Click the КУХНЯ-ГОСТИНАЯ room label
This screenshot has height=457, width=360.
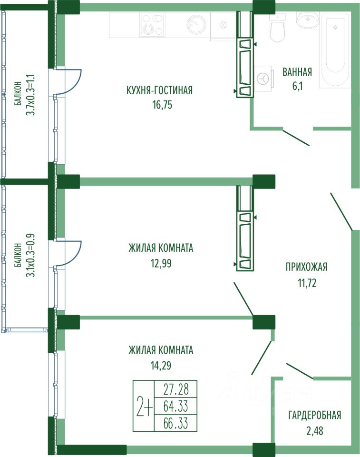[x=159, y=90]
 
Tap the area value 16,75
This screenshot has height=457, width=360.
[x=159, y=105]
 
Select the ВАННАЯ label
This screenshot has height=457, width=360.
[x=297, y=72]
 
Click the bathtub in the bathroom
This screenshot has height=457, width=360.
[x=335, y=50]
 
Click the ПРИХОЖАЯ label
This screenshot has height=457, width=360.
[x=306, y=267]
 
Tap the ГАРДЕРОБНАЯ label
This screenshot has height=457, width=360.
[x=315, y=415]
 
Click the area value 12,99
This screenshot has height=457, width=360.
[x=160, y=263]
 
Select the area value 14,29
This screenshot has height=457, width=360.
[x=160, y=367]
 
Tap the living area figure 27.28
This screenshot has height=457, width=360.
[x=176, y=390]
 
